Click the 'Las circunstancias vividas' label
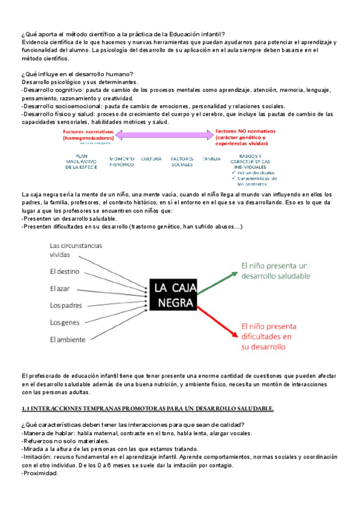76,250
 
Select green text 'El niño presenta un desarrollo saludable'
274,270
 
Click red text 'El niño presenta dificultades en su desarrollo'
271,336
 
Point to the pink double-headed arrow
162,135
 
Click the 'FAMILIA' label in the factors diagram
212,158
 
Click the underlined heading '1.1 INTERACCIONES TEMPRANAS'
147,409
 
